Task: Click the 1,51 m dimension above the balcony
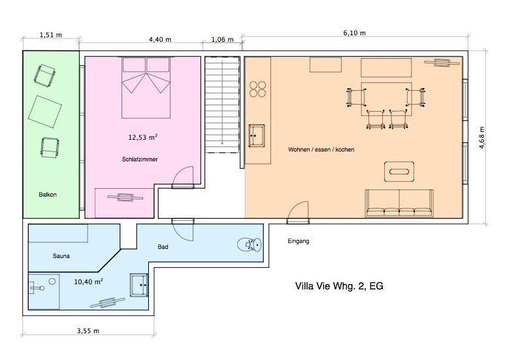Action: [51, 35]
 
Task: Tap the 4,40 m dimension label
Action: [160, 39]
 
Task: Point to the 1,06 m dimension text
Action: [222, 39]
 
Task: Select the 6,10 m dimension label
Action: [355, 33]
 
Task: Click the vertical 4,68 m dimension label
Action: [482, 137]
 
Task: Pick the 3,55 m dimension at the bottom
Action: [88, 331]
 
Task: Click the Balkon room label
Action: [48, 195]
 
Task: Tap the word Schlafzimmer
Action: [140, 159]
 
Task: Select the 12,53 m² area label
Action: [142, 137]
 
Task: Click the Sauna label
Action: [61, 256]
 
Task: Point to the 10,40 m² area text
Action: [88, 282]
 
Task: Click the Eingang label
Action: [299, 241]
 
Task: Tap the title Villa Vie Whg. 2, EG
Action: [339, 286]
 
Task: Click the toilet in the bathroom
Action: [250, 245]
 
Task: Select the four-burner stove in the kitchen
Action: [257, 89]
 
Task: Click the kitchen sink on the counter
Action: [257, 135]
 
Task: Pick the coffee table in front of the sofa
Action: [399, 172]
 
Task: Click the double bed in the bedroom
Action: [146, 88]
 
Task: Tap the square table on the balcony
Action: [45, 112]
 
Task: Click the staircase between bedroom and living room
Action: [222, 105]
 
